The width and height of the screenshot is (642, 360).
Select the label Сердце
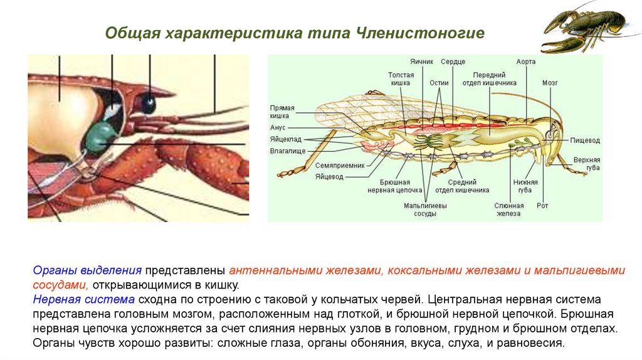[453, 63]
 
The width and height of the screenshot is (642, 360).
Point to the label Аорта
[525, 63]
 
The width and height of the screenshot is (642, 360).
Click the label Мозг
[550, 82]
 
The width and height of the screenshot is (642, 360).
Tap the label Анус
[278, 127]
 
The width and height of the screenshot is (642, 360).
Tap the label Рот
[542, 205]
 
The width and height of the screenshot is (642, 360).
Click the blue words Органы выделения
[87, 271]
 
